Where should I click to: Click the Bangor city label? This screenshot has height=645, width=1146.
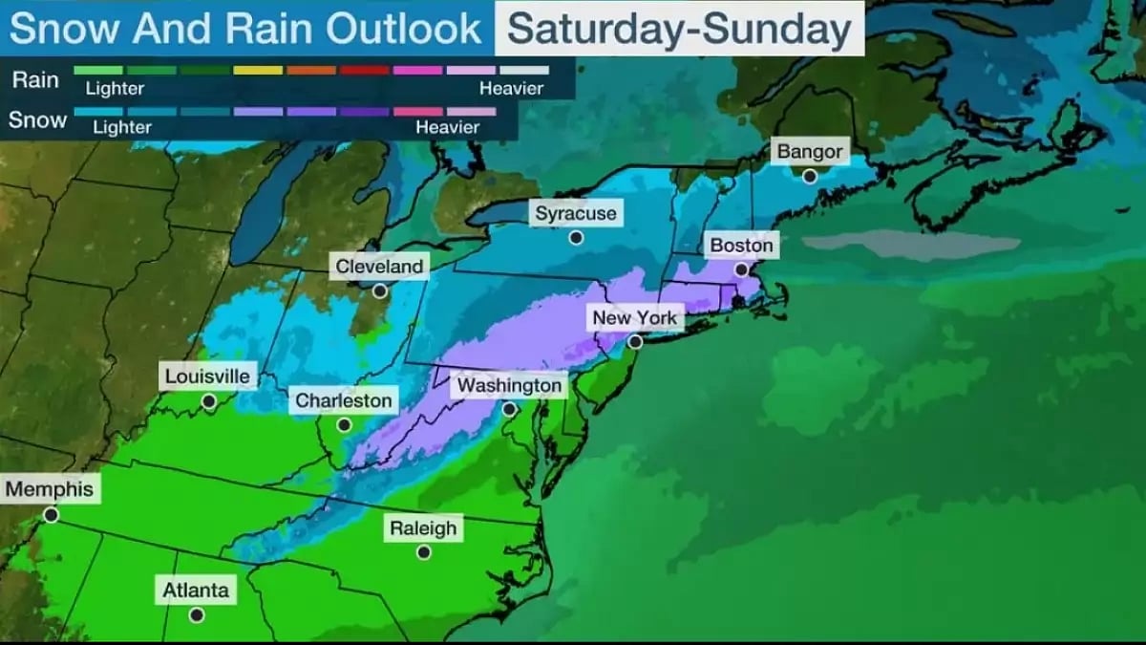[810, 151]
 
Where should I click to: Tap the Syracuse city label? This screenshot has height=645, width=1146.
[576, 213]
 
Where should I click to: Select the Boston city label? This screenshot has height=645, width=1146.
[741, 246]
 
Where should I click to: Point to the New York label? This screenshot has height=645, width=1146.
[634, 317]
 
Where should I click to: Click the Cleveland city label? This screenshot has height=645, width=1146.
[379, 266]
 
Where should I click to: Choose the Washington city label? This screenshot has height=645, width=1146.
[509, 385]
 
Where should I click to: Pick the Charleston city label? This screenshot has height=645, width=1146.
[344, 400]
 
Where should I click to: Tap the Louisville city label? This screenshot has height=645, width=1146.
[207, 376]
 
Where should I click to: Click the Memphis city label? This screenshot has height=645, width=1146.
[50, 489]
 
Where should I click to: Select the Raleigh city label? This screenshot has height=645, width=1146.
[423, 527]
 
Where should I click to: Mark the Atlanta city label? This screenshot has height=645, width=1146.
[195, 591]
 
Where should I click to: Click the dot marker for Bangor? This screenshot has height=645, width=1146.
[810, 176]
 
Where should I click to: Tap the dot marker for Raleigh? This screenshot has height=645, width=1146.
[423, 552]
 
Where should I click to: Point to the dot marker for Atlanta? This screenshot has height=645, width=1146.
[196, 615]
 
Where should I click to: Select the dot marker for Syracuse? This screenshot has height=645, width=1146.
[576, 237]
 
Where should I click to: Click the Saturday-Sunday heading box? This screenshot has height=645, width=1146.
[679, 29]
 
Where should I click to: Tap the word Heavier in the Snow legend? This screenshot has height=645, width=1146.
[449, 127]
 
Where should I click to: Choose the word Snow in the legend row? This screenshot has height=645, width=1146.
[38, 120]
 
